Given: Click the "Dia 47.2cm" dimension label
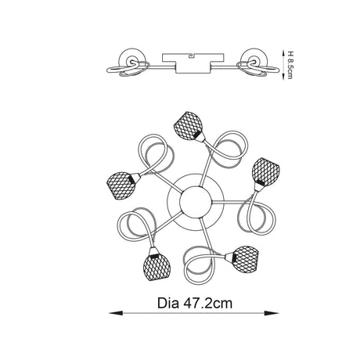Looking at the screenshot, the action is (195, 304).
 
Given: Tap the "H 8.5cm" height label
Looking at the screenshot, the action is (290, 65).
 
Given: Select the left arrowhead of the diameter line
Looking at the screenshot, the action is (116, 313).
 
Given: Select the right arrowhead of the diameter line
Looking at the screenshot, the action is (272, 313).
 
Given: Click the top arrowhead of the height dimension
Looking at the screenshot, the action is (283, 53).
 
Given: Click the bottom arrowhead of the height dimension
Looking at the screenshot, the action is (283, 76).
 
